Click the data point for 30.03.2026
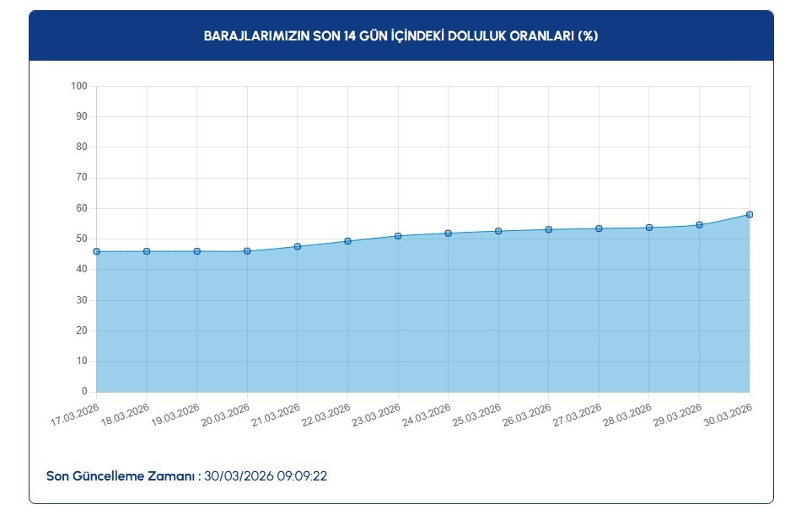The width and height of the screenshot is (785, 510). point(750,215)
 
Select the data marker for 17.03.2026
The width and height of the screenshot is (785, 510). point(97,251)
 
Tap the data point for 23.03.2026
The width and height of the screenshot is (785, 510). point(398,236)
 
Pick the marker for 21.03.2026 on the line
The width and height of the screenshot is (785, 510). point(298,246)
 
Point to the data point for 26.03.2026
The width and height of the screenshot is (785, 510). point(549,229)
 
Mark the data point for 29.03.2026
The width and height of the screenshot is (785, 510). point(699,225)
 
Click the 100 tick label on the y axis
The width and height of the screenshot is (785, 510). point(80,86)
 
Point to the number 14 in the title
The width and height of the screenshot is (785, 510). point(348,36)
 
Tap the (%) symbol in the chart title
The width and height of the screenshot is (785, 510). point(589,36)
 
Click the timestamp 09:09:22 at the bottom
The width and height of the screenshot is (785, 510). point(303,476)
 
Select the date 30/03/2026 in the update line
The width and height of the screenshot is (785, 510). point(239,476)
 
